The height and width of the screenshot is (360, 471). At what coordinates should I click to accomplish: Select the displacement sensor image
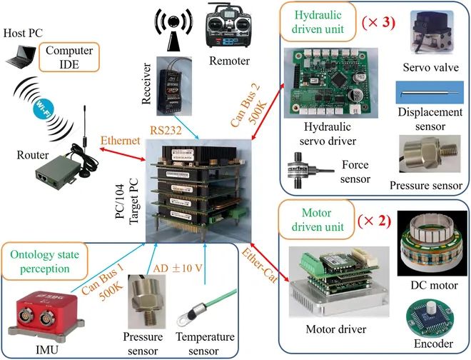coord(427,93)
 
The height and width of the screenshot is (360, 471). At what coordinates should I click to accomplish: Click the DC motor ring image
coord(426,242)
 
